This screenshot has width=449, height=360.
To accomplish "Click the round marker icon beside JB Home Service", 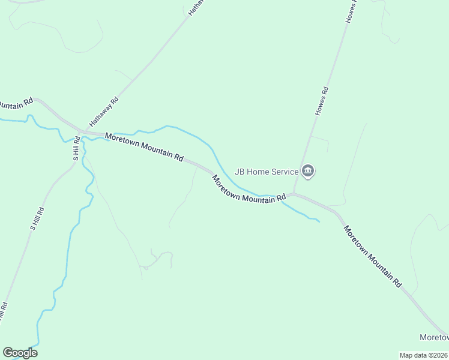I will pyautogui.click(x=309, y=172).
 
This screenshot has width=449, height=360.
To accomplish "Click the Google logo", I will pyautogui.click(x=20, y=353).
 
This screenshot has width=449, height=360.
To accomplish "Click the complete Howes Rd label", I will pyautogui.click(x=322, y=101).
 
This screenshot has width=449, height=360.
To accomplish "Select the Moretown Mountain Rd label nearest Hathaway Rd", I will pyautogui.click(x=144, y=146).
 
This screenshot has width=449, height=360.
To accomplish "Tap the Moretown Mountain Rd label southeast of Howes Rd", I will pyautogui.click(x=372, y=256).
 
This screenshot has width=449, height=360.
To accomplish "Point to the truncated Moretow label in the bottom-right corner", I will pyautogui.click(x=433, y=337).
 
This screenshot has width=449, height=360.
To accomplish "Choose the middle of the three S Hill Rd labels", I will pyautogui.click(x=38, y=220).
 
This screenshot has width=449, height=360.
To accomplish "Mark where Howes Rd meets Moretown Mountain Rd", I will pyautogui.click(x=292, y=194).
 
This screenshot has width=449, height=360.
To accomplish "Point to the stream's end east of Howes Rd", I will pyautogui.click(x=319, y=221).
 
